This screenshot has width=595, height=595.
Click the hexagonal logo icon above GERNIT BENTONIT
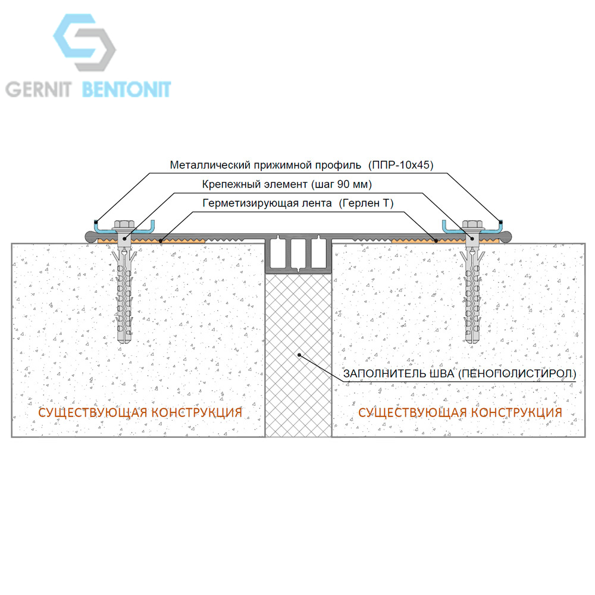tap(84, 42)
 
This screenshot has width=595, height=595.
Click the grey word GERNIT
tap(38, 90)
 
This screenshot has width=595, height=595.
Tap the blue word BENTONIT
tap(126, 90)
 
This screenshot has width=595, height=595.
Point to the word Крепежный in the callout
tap(231, 184)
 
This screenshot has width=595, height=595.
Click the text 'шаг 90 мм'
tap(341, 184)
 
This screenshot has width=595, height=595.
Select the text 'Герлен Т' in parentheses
tap(366, 203)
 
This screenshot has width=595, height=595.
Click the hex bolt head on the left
tap(123, 224)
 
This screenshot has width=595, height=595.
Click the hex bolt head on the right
tap(472, 224)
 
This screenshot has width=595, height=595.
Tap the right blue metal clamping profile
tap(473, 230)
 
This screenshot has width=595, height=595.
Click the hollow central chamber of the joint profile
tap(298, 253)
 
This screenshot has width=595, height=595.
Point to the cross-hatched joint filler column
tap(298, 355)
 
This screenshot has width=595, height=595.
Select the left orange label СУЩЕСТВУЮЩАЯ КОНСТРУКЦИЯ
tap(140, 412)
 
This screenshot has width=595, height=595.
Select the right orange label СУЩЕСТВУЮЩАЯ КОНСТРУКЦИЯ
tap(460, 412)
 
